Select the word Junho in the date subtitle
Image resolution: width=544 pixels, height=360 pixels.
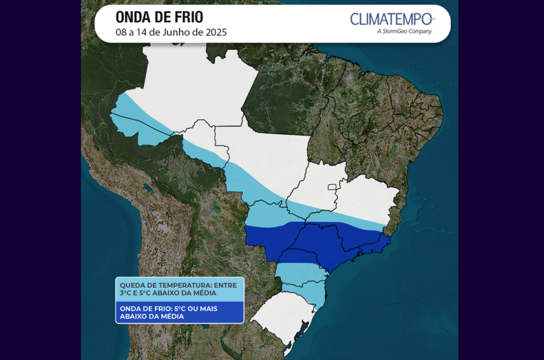[x=175, y=32]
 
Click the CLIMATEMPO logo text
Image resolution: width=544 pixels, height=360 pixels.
[x=391, y=19]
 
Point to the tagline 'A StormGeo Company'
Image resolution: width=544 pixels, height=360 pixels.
[x=404, y=31]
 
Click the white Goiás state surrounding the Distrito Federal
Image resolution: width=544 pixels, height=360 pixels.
[x=313, y=189]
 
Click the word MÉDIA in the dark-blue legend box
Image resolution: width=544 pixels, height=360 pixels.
[x=171, y=316]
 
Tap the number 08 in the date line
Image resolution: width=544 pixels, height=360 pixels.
[x=122, y=32]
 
